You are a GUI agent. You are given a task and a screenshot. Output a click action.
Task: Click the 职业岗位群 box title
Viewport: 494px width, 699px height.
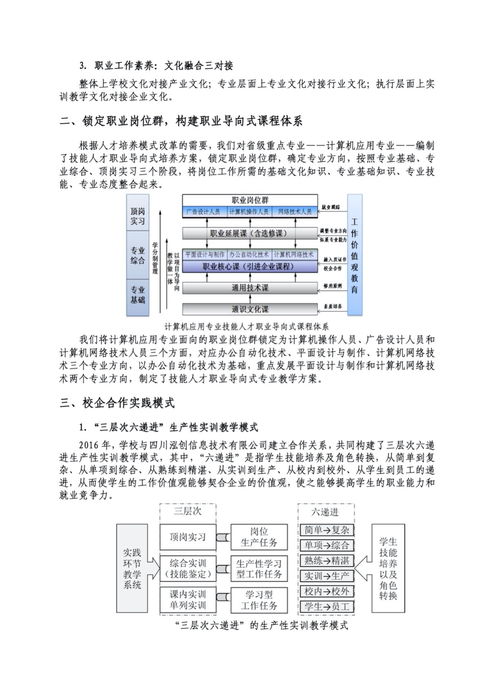pos(250,200)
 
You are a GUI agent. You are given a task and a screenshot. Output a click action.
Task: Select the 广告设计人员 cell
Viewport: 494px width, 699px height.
pos(203,211)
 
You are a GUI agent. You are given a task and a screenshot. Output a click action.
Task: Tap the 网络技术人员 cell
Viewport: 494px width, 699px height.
pos(295,211)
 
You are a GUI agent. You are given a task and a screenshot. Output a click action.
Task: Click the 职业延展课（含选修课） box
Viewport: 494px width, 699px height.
pos(249,233)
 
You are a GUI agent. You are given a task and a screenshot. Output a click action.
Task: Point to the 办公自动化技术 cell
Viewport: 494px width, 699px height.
pos(249,254)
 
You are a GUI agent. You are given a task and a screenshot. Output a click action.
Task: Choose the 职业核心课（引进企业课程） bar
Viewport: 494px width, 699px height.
pos(249,266)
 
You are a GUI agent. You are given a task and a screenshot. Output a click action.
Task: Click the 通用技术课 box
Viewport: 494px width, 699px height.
pos(249,288)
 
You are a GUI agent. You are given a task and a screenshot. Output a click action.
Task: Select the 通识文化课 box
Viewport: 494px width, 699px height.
pos(249,309)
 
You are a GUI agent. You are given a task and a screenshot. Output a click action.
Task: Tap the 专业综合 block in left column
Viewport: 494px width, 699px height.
pos(138,256)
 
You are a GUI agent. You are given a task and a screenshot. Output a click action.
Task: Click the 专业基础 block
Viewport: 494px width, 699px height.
pos(138,295)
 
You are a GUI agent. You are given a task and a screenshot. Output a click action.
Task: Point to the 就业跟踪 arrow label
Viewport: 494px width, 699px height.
pos(331,207)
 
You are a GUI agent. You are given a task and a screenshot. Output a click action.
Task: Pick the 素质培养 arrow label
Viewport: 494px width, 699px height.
pos(332,307)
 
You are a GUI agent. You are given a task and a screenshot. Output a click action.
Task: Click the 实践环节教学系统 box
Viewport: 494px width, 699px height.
pos(132,568)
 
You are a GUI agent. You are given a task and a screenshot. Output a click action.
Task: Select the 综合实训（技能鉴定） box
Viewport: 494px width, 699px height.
pos(187,568)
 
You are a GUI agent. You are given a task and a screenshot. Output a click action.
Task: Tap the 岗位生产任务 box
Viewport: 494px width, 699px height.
pos(259,537)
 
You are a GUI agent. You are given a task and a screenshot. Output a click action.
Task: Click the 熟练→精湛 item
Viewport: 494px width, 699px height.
pos(326,561)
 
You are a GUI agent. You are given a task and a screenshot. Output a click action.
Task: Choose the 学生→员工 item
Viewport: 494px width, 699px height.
pos(326,606)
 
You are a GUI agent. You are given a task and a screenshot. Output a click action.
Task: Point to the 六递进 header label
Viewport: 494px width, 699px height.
pos(325,512)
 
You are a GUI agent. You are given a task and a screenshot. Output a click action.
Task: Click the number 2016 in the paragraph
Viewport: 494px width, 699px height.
pos(89,445)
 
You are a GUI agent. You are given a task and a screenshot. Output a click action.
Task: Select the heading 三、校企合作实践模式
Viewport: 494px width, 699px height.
pos(117,403)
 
